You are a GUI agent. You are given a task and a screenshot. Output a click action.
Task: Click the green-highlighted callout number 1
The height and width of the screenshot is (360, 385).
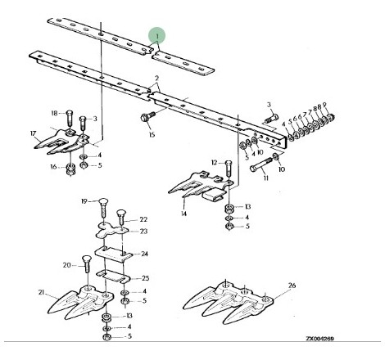(x=157, y=36)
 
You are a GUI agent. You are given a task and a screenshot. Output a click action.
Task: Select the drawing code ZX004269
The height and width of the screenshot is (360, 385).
(x=319, y=339)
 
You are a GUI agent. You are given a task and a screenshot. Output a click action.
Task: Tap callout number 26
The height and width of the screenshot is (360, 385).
(x=292, y=286)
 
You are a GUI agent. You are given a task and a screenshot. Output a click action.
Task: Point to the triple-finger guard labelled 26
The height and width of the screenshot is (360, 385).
(x=228, y=303)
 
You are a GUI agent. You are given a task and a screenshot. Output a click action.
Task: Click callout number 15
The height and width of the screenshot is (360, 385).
(x=152, y=134)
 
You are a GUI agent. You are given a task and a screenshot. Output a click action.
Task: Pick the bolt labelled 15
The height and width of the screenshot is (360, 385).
(x=147, y=116)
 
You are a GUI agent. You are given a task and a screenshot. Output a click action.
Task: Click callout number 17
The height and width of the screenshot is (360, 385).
(x=33, y=133)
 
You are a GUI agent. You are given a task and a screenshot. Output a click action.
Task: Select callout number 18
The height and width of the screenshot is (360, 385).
(x=55, y=113)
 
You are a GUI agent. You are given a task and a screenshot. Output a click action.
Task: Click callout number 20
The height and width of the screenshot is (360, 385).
(x=67, y=265)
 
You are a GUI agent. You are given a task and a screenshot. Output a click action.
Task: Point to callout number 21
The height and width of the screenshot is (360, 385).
(x=41, y=292)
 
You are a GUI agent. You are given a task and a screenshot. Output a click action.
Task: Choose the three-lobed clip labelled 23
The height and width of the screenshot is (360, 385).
(x=112, y=231)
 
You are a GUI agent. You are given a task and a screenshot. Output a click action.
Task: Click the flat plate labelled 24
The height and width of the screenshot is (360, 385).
(x=114, y=254)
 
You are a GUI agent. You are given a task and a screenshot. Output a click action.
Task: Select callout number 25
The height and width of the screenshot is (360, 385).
(x=146, y=278)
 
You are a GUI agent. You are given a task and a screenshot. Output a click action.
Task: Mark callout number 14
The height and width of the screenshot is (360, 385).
(x=183, y=214)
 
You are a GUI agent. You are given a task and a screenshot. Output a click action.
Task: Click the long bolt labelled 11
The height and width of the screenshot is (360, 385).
(x=261, y=165)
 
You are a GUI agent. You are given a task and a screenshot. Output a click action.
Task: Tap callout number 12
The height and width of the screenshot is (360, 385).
(x=215, y=163)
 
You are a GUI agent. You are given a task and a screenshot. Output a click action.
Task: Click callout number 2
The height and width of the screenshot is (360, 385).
(x=156, y=79)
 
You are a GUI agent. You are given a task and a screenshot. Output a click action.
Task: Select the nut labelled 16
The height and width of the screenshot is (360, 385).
(x=71, y=169)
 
